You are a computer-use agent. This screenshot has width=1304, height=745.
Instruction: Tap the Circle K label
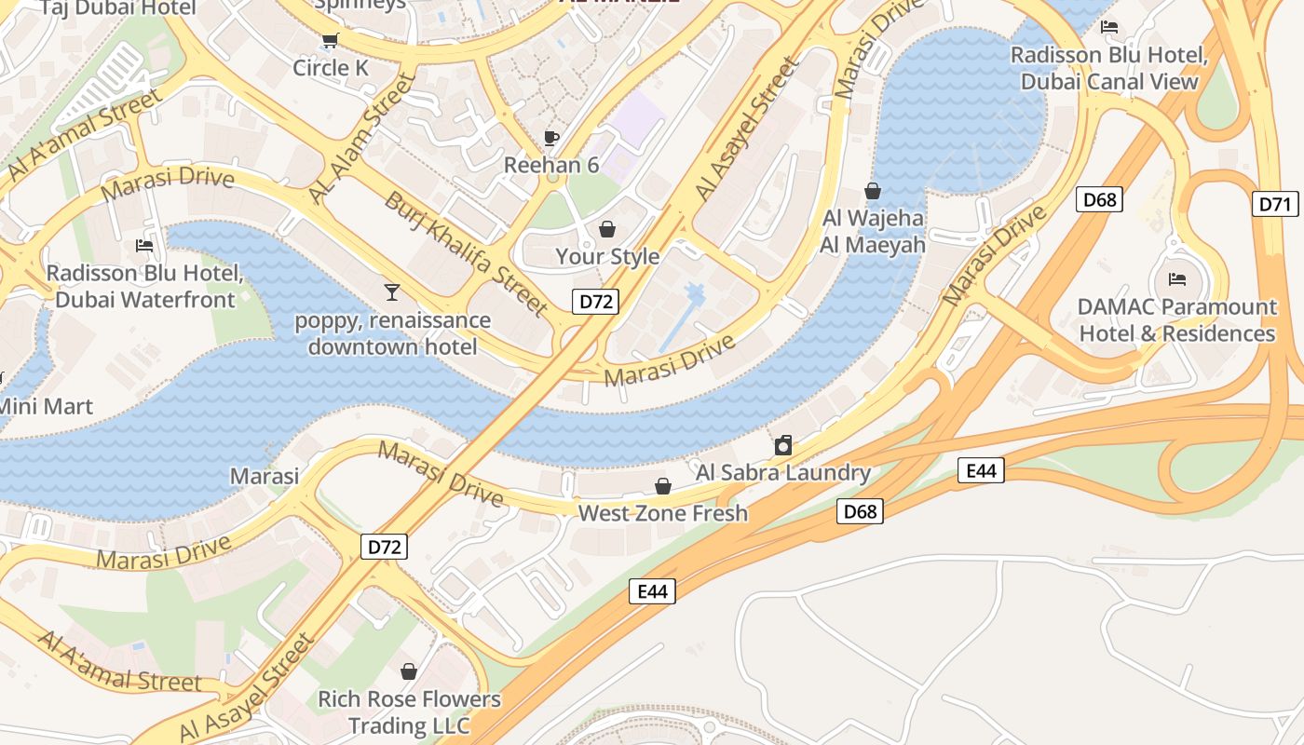point(331,68)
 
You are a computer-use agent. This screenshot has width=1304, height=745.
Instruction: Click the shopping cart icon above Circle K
point(329,39)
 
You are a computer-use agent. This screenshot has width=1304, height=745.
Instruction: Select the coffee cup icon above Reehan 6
point(551,138)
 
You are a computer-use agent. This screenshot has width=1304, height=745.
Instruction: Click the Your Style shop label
point(607,256)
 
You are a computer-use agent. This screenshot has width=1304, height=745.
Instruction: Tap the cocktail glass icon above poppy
point(392,292)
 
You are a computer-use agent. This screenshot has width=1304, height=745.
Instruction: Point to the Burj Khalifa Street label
point(467,252)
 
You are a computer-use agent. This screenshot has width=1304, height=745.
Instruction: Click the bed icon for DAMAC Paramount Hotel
point(1177,278)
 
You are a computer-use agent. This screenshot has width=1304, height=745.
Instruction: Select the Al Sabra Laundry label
point(782,472)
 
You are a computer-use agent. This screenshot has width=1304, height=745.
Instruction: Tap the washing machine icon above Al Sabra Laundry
point(783,445)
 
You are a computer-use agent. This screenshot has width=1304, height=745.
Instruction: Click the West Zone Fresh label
point(662,513)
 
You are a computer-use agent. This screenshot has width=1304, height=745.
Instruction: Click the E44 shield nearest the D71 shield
point(981,470)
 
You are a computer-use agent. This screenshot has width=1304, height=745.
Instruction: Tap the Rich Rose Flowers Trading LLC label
point(409,711)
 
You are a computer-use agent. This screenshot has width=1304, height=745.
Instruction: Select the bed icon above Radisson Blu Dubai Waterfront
point(144,246)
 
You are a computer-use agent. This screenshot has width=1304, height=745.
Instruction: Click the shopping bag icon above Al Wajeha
point(873,191)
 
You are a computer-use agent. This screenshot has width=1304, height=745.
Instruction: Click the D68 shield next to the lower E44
point(859,510)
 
